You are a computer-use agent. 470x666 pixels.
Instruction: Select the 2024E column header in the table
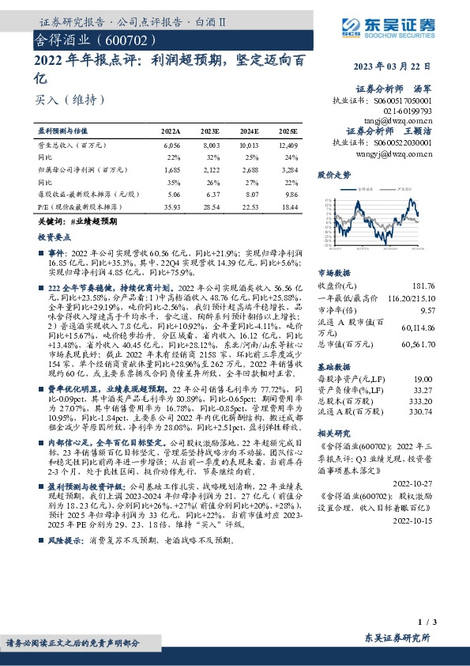click(x=250, y=129)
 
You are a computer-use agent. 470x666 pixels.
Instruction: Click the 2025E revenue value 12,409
click(x=287, y=146)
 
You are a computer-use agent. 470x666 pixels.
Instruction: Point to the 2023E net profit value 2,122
click(x=210, y=169)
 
